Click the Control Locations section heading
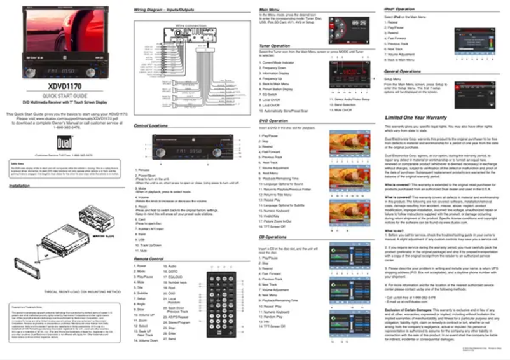(x=151, y=127)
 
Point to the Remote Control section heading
(x=148, y=260)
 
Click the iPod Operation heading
(x=399, y=10)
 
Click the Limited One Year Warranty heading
(x=416, y=118)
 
